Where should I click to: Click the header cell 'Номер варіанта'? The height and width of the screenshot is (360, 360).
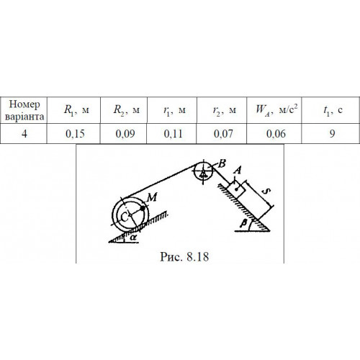point(24,110)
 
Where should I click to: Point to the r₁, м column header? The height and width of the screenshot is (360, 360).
point(172,110)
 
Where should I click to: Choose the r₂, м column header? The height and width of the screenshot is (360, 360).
point(222,110)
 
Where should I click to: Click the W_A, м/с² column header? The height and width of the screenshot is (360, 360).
point(274,110)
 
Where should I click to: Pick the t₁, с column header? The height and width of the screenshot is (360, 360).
point(330,110)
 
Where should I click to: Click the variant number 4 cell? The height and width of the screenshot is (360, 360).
point(24,134)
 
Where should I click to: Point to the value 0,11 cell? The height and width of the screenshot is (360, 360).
point(172,134)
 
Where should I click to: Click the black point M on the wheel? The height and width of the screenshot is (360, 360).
point(143,208)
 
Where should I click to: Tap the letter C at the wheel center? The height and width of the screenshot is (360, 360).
point(125,217)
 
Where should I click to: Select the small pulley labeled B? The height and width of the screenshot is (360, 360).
point(203,171)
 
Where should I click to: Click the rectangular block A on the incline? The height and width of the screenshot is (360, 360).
point(236,189)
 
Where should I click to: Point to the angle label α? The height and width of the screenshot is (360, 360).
point(133,238)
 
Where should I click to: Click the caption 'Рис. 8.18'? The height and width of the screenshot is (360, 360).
point(184,256)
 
